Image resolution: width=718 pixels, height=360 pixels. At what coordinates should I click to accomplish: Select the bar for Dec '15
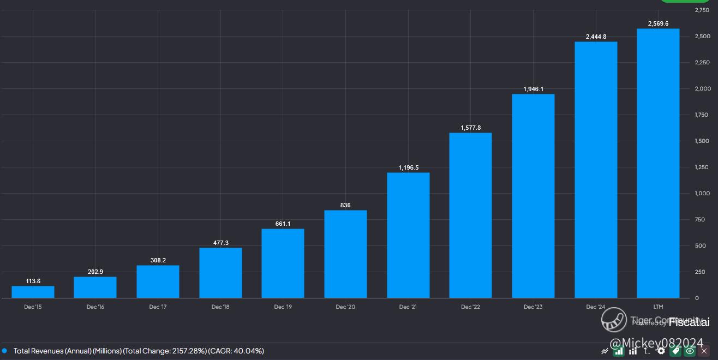33,292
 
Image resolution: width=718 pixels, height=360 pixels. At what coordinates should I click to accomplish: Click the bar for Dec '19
283,263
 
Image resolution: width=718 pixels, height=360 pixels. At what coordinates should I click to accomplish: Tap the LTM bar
658,163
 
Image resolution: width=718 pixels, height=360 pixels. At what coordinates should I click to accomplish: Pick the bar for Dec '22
470,215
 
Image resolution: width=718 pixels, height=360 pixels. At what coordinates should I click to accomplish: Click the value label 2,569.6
658,23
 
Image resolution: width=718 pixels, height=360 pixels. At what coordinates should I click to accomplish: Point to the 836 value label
345,205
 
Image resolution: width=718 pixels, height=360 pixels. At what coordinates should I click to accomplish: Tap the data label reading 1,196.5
408,167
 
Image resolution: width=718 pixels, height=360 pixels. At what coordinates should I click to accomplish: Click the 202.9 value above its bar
95,272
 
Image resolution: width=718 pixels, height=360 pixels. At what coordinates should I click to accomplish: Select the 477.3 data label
220,243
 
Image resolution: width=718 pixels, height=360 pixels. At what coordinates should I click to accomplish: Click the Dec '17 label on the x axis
158,307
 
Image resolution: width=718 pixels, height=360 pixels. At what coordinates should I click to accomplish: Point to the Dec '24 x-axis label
595,307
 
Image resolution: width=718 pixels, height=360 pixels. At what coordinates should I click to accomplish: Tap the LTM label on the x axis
658,307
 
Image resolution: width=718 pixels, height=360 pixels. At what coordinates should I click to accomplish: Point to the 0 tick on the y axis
697,298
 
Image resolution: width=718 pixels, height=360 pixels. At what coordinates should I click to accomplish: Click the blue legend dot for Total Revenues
4,351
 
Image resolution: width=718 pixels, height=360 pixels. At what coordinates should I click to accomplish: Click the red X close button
703,351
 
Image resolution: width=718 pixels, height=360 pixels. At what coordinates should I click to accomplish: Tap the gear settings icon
661,351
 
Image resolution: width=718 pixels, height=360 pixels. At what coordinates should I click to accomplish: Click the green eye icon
690,351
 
